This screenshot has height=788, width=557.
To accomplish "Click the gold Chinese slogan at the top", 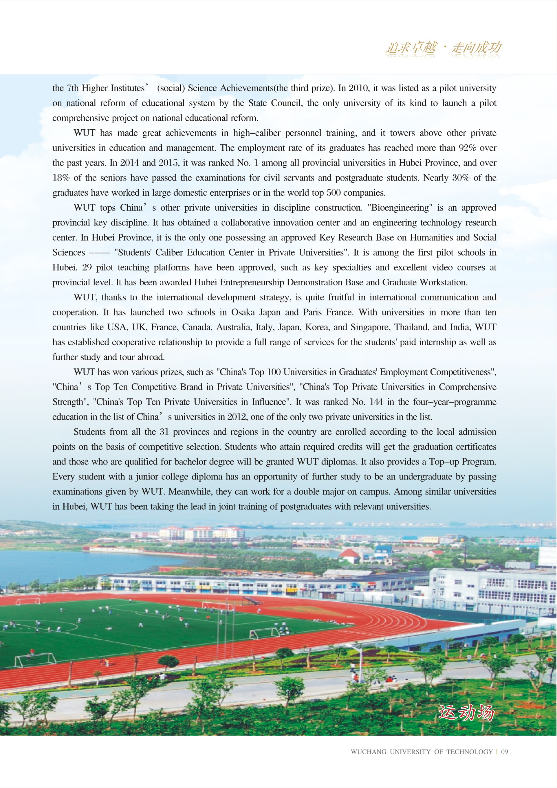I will point(443,48).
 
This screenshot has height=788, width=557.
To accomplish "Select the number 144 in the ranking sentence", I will point(376,402).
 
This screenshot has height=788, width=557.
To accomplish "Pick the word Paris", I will point(312,312).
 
